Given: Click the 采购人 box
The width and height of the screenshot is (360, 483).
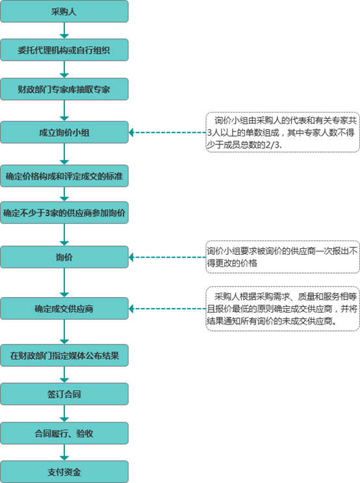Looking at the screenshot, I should click(64, 11).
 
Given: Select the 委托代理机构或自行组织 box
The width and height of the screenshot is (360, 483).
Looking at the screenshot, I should click(64, 49).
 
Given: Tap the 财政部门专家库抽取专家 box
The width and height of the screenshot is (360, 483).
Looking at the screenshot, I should click(64, 88).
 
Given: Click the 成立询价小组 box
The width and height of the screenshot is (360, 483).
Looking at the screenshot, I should click(64, 133).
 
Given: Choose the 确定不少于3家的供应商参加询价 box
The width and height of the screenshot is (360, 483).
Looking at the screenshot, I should click(64, 213).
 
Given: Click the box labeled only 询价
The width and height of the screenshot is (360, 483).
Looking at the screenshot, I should click(64, 257).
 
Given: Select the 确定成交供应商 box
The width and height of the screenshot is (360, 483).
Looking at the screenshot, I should click(64, 309).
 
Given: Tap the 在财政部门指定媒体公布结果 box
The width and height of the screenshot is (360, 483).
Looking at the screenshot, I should click(64, 356).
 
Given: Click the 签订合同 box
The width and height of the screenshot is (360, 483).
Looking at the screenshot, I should click(64, 394).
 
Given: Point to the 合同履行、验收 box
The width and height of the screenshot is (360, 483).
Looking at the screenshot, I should click(64, 432).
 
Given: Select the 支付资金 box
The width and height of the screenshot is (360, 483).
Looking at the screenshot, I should click(64, 471).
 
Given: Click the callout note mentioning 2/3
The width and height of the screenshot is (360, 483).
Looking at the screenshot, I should click(283, 132).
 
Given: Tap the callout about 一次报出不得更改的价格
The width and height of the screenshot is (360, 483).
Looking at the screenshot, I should click(283, 257).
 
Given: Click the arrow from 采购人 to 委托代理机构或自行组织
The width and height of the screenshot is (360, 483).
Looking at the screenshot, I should click(64, 31).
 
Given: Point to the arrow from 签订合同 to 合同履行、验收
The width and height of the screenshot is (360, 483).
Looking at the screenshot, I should click(64, 413).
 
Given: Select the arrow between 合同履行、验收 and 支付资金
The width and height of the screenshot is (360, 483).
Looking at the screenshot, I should click(64, 452).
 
